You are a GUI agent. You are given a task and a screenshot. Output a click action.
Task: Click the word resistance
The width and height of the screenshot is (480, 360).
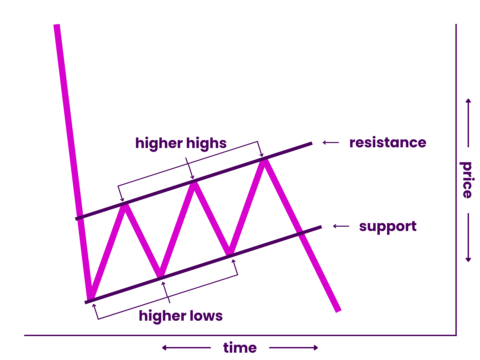click(x=388, y=142)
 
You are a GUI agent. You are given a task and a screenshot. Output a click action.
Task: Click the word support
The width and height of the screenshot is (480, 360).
click(x=387, y=226)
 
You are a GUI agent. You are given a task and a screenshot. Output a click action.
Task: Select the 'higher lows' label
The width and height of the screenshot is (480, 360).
click(x=181, y=316)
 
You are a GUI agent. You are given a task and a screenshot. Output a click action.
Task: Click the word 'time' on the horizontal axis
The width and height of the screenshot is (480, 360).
click(x=240, y=347)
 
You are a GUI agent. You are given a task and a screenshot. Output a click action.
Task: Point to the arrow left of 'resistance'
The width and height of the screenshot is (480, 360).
click(x=330, y=143)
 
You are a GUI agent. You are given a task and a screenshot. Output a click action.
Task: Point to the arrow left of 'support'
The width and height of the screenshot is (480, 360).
click(x=340, y=226)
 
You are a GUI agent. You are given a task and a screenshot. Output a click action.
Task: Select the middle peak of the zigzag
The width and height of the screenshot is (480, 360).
click(x=194, y=181)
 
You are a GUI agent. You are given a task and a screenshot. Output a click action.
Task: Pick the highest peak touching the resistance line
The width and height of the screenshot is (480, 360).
click(x=264, y=158)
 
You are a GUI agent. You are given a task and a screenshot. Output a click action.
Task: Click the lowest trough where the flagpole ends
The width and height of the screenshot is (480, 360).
click(x=89, y=298)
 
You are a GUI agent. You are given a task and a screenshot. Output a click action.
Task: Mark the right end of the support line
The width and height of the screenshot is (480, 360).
click(x=320, y=227)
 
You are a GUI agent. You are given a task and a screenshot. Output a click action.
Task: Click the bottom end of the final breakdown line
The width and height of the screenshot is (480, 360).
click(x=339, y=308)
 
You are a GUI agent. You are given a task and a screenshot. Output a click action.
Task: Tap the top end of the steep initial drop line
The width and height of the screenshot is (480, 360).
click(x=57, y=25)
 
